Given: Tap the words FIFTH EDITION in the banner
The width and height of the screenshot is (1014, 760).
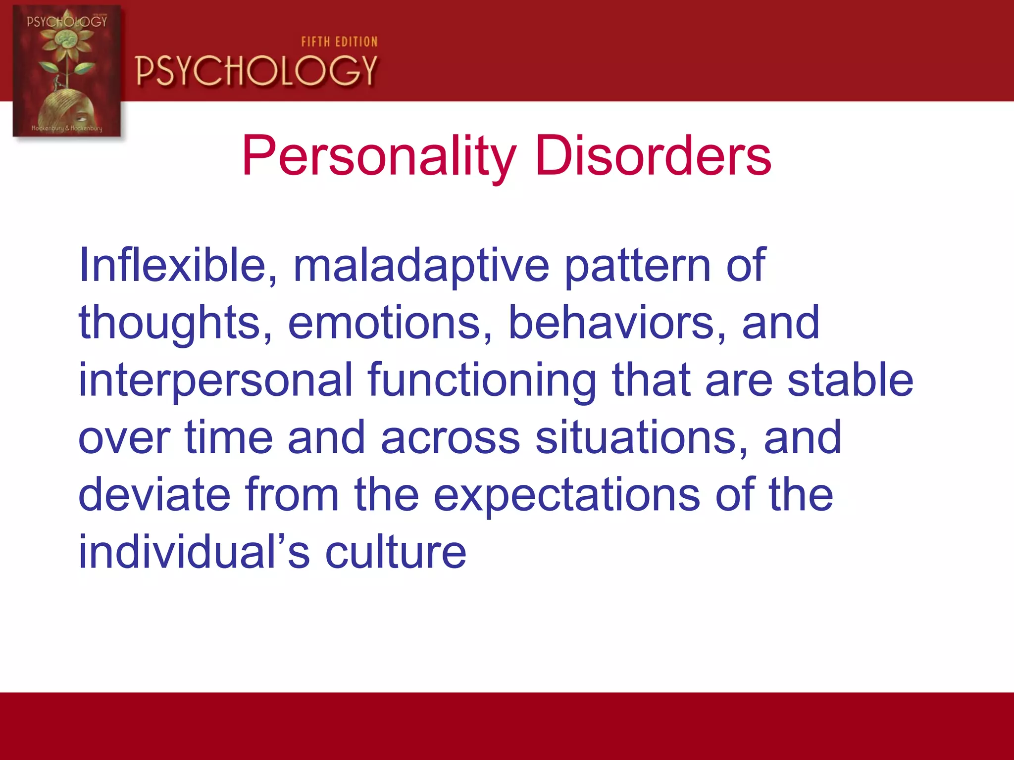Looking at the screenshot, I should (x=339, y=42).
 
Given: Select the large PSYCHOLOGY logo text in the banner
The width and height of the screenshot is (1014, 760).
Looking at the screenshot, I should (x=256, y=71).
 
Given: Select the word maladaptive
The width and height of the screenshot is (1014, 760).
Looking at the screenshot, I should (x=421, y=266).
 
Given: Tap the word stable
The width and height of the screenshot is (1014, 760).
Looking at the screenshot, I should (x=850, y=380).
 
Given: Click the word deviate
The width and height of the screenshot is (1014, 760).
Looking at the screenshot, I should (x=154, y=495).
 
